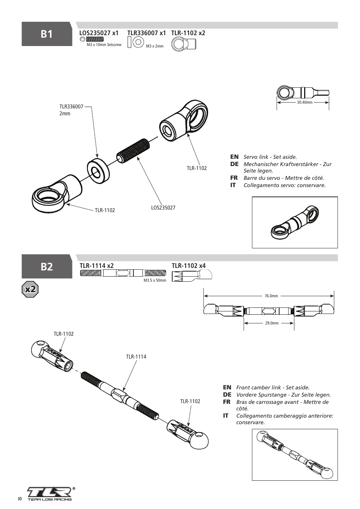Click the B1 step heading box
coord(47,34)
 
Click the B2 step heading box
coord(47,266)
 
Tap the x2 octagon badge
coord(30,289)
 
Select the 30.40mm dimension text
coord(305,102)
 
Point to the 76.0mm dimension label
coord(271,296)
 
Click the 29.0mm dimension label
coord(272,323)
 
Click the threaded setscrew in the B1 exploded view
coord(133,151)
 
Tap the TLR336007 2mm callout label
coord(71,110)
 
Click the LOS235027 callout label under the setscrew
coord(163,208)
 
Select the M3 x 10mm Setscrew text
coord(104,45)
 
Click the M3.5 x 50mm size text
coord(155,280)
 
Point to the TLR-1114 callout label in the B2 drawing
coord(136,357)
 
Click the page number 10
coord(20,499)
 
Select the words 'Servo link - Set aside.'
coord(270,157)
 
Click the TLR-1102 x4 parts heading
coord(189,266)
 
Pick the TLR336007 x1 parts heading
coord(146,33)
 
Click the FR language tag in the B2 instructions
coord(227,402)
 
